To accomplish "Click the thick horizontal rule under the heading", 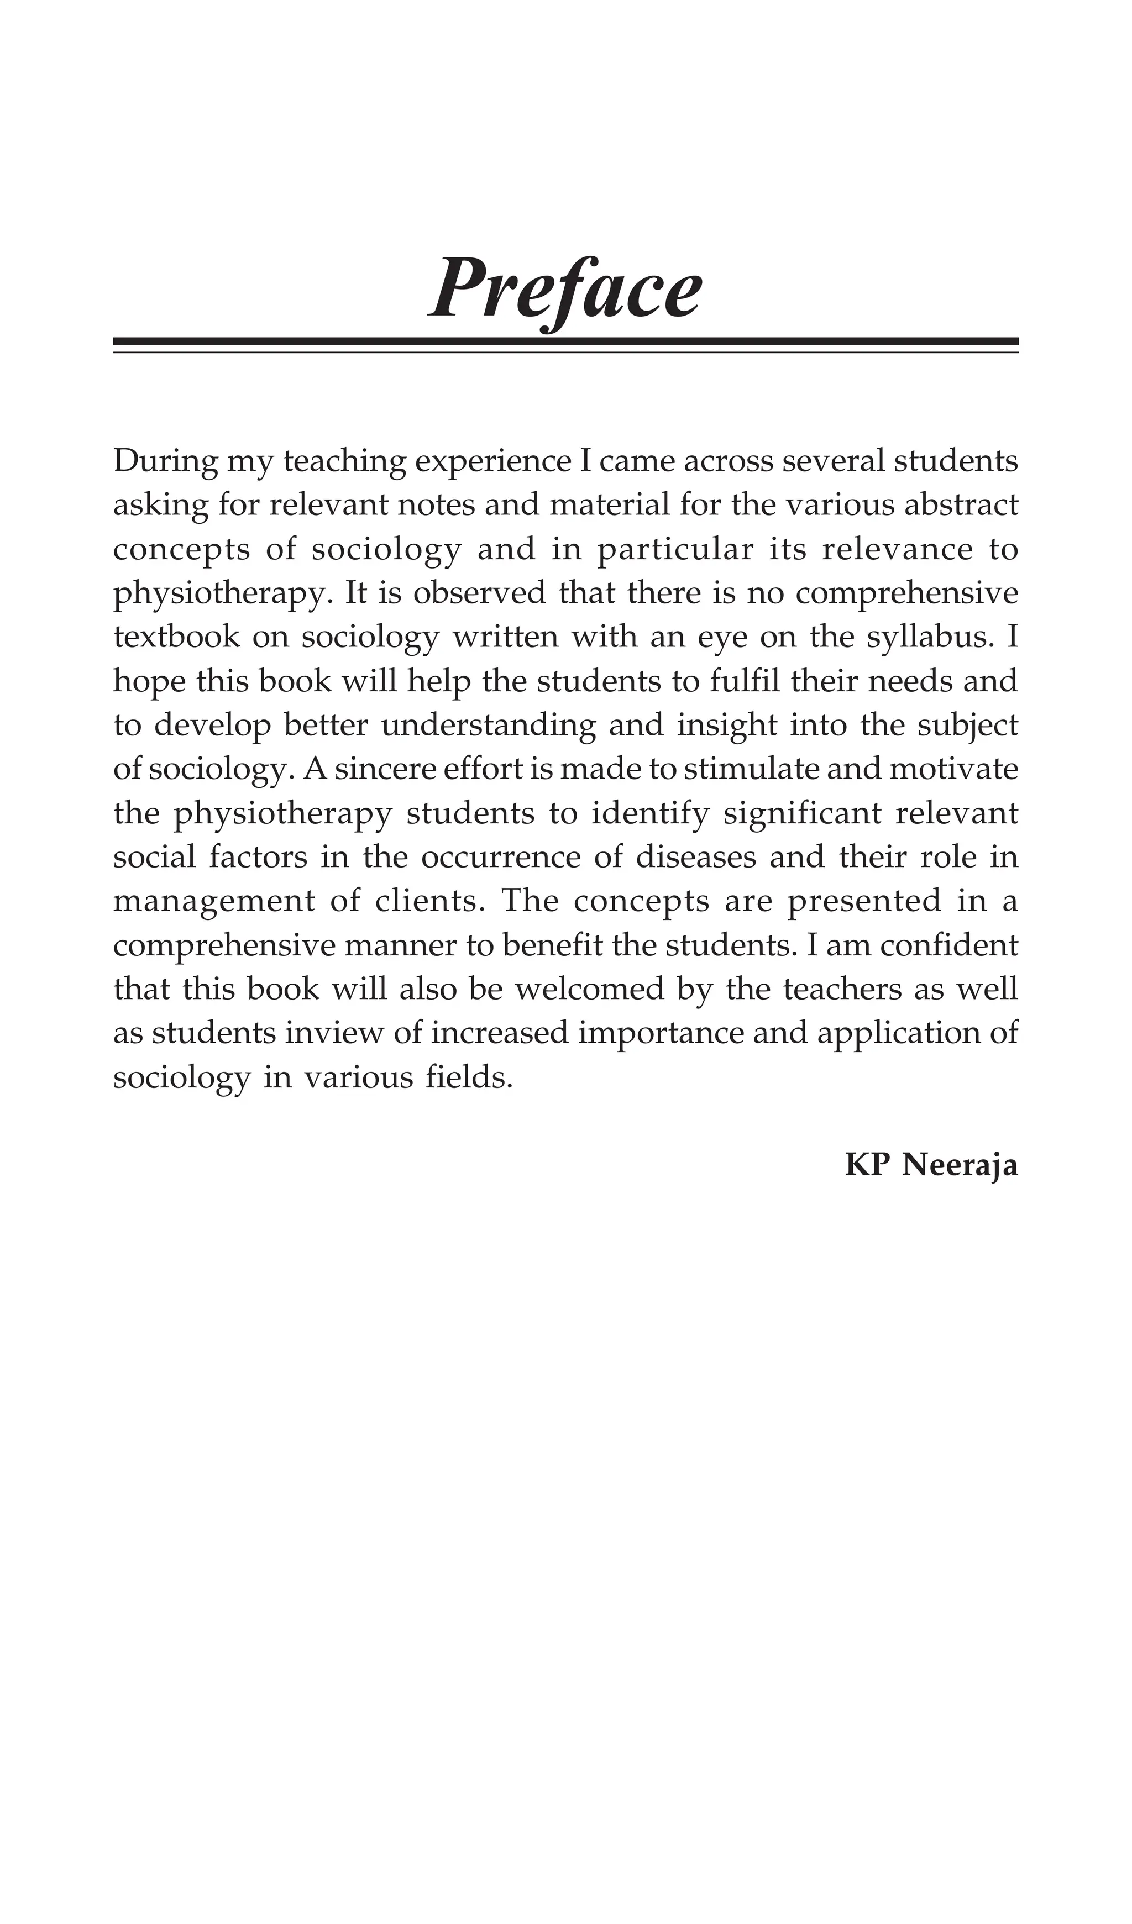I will point(565,340).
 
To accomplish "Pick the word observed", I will point(480,593).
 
